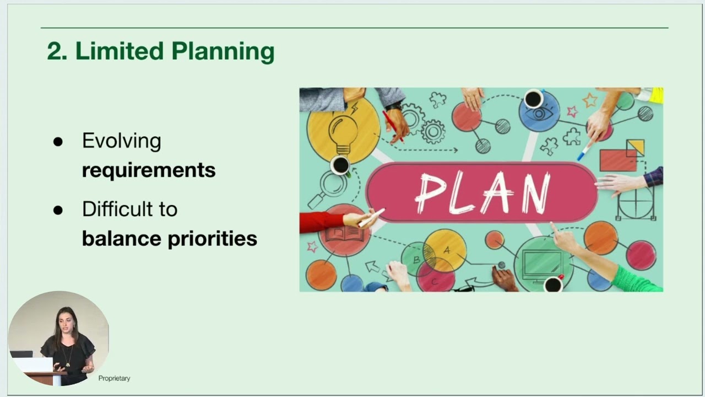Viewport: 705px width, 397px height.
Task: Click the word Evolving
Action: pos(121,141)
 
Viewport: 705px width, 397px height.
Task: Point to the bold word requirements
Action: pos(148,170)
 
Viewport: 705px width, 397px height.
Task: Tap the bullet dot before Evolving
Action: pos(58,142)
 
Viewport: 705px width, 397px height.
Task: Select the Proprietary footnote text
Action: pos(114,378)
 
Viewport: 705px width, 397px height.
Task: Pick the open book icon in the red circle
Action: pos(343,233)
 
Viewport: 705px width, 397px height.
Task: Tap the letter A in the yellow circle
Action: pos(447,250)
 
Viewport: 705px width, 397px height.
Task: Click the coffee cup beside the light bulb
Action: pos(340,164)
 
